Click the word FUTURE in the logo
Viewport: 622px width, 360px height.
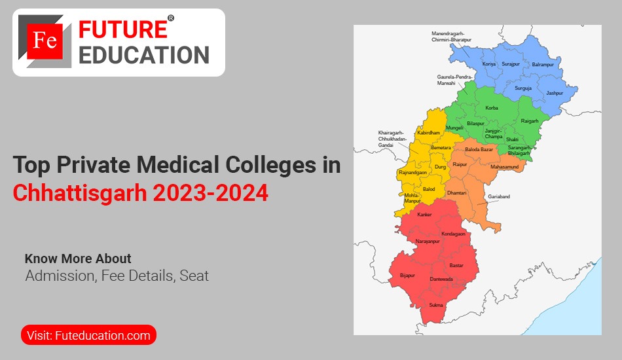click(123, 29)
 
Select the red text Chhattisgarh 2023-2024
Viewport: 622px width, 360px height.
click(141, 193)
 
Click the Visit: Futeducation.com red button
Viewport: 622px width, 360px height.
click(89, 336)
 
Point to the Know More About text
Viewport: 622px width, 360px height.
click(78, 259)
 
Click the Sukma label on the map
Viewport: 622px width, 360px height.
click(436, 305)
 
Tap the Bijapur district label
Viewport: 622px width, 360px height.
click(407, 276)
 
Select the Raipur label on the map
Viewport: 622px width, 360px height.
click(460, 164)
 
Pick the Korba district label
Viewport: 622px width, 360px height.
click(492, 107)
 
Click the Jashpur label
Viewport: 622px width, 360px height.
click(555, 93)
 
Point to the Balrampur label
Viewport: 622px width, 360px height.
click(543, 65)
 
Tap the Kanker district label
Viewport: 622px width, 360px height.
click(424, 215)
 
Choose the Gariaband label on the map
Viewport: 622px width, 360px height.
click(498, 196)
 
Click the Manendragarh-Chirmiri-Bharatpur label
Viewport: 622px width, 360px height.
click(451, 37)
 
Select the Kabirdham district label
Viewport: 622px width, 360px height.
click(427, 132)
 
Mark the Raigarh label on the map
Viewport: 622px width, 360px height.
click(529, 120)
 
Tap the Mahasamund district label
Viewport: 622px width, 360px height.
click(504, 167)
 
